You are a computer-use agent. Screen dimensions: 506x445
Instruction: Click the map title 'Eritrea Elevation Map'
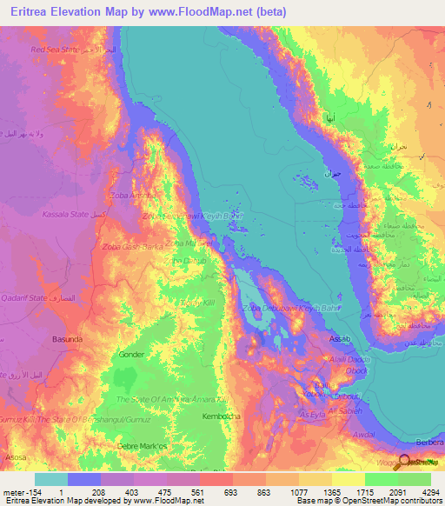point(75,12)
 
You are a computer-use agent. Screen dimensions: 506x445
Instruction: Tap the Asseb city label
point(340,337)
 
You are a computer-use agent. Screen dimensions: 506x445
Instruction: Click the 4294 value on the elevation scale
point(431,493)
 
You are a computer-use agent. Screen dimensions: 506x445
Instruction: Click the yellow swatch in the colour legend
point(348,479)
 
